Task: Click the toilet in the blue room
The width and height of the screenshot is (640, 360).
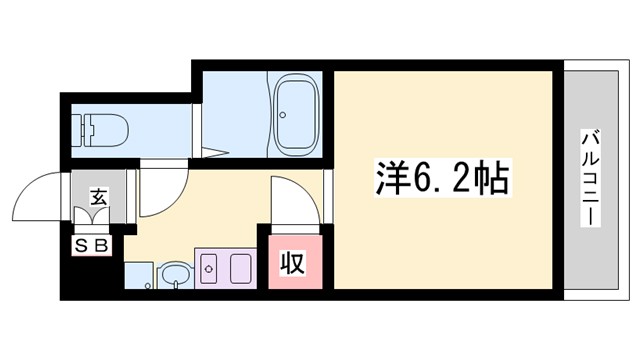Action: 104,129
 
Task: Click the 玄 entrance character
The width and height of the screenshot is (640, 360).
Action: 99,198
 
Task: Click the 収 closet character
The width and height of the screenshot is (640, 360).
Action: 292,263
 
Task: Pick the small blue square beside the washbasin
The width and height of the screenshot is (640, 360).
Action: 138,275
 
